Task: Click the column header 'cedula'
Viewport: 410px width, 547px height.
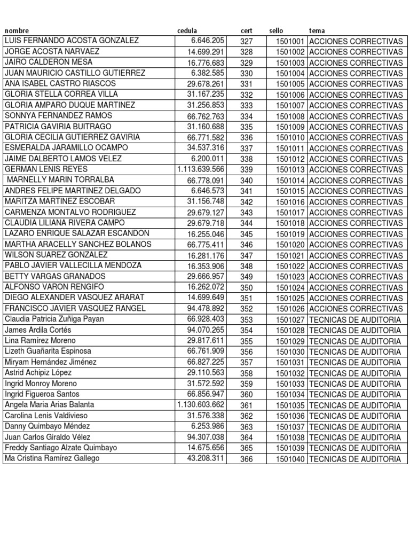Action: click(x=187, y=31)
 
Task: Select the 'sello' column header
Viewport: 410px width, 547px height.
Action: click(x=277, y=31)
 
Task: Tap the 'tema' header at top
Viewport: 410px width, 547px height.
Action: click(x=317, y=31)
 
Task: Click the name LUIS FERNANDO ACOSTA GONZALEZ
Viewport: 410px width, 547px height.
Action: click(x=72, y=41)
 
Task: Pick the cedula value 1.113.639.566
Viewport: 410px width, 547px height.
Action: click(x=201, y=169)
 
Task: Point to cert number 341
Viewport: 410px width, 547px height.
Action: click(x=247, y=191)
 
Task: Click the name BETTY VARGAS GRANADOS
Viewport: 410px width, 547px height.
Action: click(x=55, y=276)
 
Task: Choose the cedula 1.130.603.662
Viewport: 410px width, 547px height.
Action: click(x=201, y=405)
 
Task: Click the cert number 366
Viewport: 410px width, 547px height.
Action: click(x=247, y=458)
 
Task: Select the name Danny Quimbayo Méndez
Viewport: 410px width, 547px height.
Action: click(x=48, y=426)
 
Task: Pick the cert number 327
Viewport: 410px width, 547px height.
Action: click(x=247, y=41)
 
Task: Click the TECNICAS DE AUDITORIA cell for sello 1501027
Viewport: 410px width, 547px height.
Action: click(x=354, y=319)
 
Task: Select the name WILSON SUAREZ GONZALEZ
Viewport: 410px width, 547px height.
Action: click(x=56, y=255)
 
